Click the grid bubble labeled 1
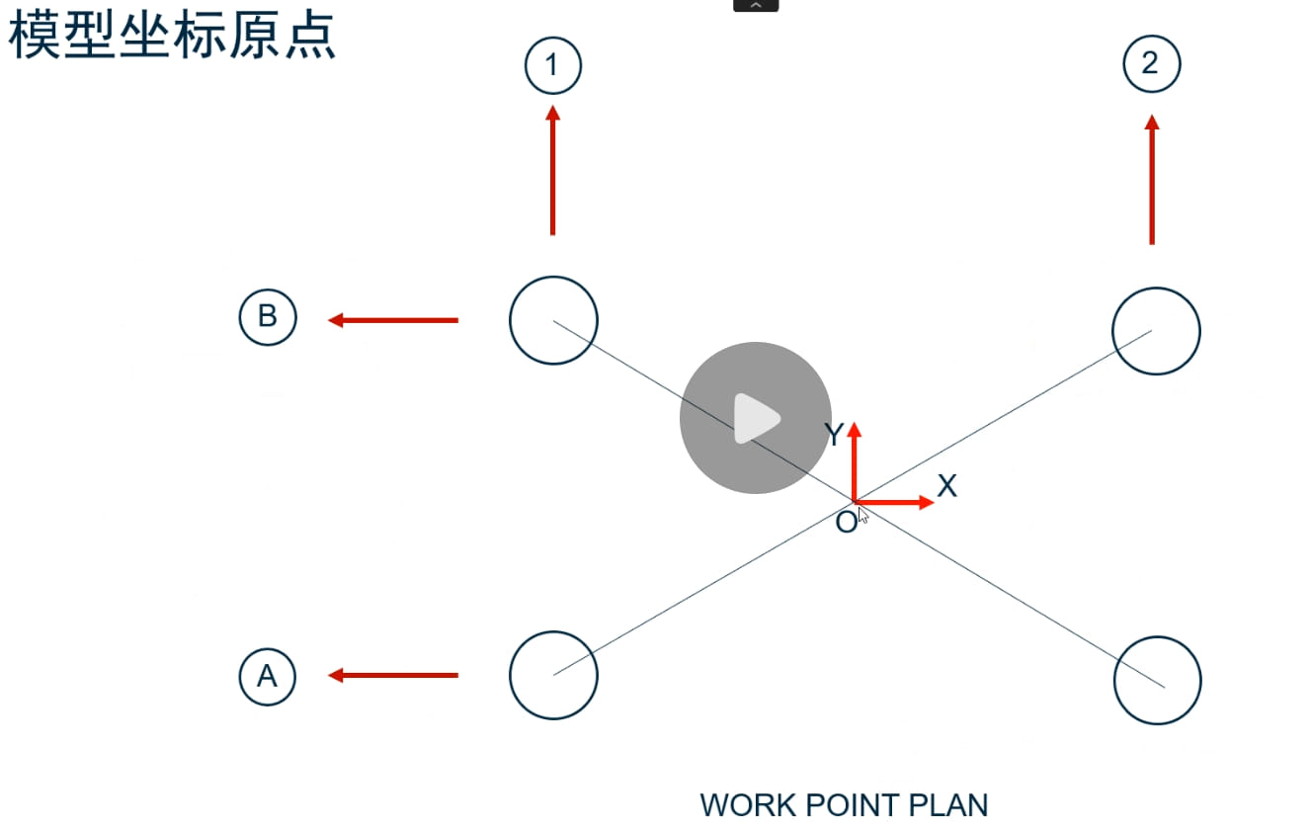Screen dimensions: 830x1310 click(x=552, y=66)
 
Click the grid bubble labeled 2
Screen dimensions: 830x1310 click(x=1152, y=64)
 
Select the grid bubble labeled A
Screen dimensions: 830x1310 click(x=267, y=676)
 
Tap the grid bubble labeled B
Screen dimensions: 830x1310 click(x=267, y=317)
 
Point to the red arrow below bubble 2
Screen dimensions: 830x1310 click(x=1152, y=179)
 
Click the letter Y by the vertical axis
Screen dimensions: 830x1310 click(x=834, y=435)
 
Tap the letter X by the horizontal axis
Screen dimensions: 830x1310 click(x=947, y=485)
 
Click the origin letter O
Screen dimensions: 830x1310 click(x=846, y=523)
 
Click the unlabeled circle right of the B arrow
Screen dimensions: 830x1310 click(x=553, y=320)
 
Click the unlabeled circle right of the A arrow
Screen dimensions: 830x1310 click(x=553, y=675)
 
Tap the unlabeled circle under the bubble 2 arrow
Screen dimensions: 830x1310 click(x=1156, y=331)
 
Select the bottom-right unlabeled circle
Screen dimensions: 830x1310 click(x=1158, y=681)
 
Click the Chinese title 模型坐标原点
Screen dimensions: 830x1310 click(x=173, y=38)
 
